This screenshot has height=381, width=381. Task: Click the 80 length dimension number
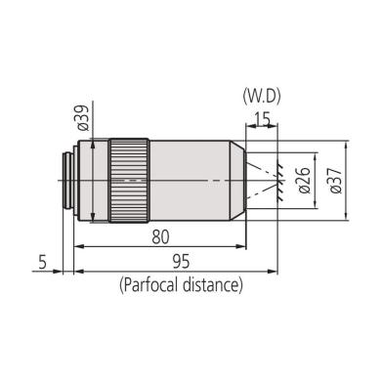159,235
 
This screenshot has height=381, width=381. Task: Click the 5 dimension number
43,262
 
